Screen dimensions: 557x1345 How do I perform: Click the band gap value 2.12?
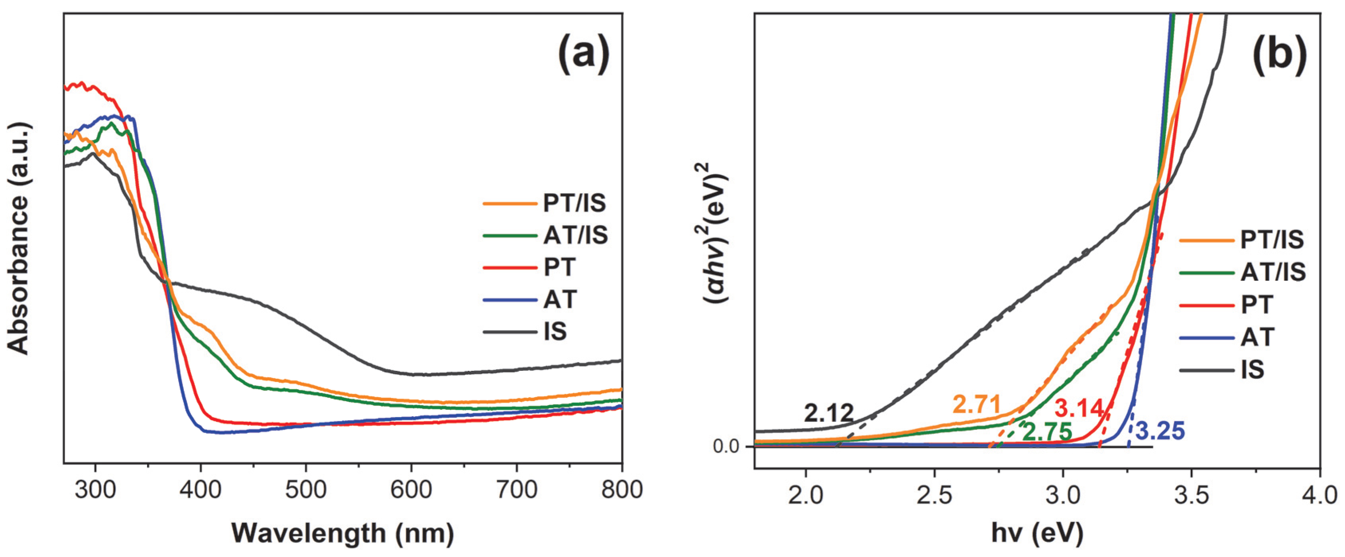[x=829, y=414]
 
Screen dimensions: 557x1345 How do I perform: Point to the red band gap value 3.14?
[x=1079, y=408]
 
